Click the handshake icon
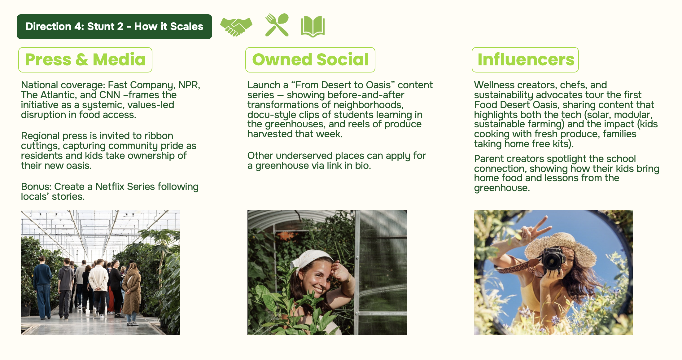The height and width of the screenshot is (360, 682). tap(236, 27)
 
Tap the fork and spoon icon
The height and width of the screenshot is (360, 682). tap(277, 25)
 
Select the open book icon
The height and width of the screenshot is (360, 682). tap(313, 27)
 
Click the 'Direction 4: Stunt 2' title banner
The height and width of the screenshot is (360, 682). tap(114, 27)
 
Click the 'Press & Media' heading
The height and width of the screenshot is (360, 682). tap(85, 60)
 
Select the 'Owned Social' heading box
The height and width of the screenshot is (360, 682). tap(310, 60)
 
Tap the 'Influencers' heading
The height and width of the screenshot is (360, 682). tap(525, 60)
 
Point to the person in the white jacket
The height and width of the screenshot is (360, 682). tap(98, 279)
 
